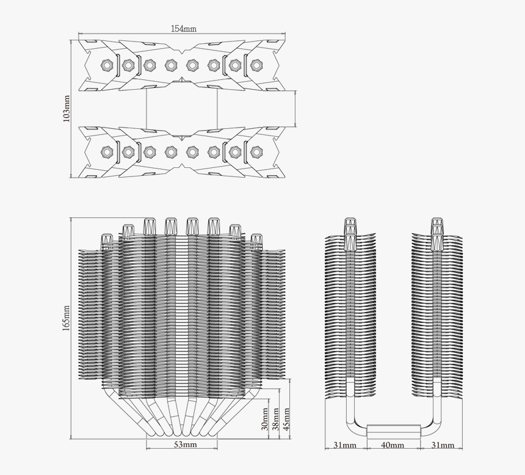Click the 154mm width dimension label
click(x=184, y=29)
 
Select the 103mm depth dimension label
click(x=67, y=109)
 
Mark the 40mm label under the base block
click(x=393, y=446)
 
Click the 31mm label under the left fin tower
click(x=345, y=446)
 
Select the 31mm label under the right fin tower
click(x=441, y=446)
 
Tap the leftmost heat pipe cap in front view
click(x=107, y=241)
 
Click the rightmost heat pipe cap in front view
click(x=256, y=241)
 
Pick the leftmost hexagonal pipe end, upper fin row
click(x=107, y=65)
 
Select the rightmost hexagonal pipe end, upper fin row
click(x=256, y=65)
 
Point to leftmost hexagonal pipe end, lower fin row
click(x=107, y=151)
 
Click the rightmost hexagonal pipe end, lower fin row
click(x=256, y=151)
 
